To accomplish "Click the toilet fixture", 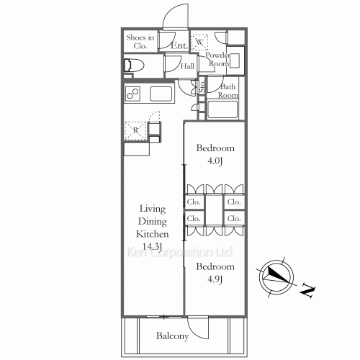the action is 134,65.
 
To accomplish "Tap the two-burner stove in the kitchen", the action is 132,94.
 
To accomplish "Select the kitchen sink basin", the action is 161,94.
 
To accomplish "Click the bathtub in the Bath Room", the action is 222,109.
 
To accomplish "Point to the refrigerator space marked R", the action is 135,131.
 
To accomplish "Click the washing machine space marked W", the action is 199,42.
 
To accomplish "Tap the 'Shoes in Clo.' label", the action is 140,42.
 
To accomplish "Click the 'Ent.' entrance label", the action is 179,45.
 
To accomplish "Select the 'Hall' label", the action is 187,66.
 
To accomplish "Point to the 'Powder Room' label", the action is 218,59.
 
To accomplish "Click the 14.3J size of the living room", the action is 152,246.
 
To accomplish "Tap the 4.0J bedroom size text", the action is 215,161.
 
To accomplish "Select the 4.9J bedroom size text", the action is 215,279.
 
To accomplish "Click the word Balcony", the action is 172,336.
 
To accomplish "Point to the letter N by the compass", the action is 307,291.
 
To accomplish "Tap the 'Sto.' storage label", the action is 202,86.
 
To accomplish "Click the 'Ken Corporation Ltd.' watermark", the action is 179,252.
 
